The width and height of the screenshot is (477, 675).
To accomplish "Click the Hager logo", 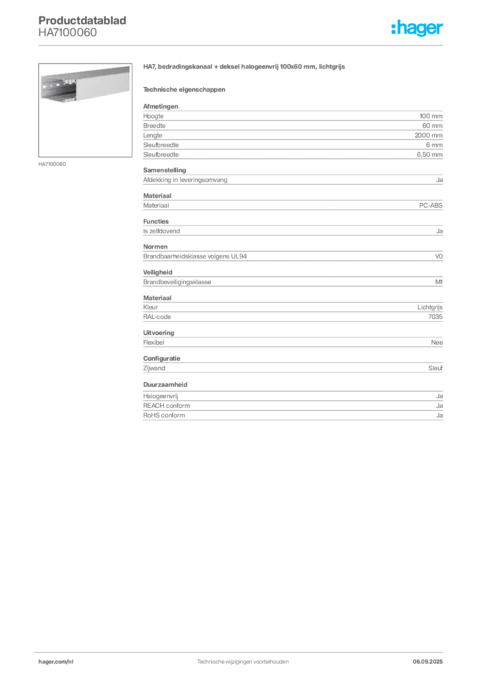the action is tap(417, 28).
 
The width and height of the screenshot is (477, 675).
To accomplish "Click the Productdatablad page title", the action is tap(82, 20).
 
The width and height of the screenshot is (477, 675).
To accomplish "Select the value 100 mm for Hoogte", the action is tap(431, 116).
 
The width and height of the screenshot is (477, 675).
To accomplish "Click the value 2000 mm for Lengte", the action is tap(428, 135).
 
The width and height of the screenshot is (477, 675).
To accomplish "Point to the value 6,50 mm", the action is tap(430, 154).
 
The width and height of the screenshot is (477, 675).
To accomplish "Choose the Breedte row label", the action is tap(154, 126).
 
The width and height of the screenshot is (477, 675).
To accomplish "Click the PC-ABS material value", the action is tap(430, 206).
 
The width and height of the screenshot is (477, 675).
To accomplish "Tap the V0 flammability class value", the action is tap(439, 256).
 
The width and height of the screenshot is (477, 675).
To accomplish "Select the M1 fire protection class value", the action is tap(439, 282).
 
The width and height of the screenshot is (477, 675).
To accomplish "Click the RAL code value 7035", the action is tap(435, 317).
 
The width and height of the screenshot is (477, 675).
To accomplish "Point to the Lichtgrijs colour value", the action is tap(430, 307).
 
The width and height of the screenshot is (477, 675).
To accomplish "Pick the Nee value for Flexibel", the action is tap(437, 343).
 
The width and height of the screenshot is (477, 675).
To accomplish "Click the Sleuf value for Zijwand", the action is tap(435, 368).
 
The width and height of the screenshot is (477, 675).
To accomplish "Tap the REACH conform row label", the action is tap(167, 405).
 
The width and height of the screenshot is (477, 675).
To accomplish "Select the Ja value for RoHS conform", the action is tap(439, 415).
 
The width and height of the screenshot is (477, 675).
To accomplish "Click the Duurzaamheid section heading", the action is tap(165, 384).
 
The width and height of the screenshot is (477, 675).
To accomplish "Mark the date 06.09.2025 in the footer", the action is tap(428, 662).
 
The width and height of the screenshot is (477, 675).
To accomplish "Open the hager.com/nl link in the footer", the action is tap(56, 662).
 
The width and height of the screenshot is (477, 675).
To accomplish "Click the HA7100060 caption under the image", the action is tap(52, 164).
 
